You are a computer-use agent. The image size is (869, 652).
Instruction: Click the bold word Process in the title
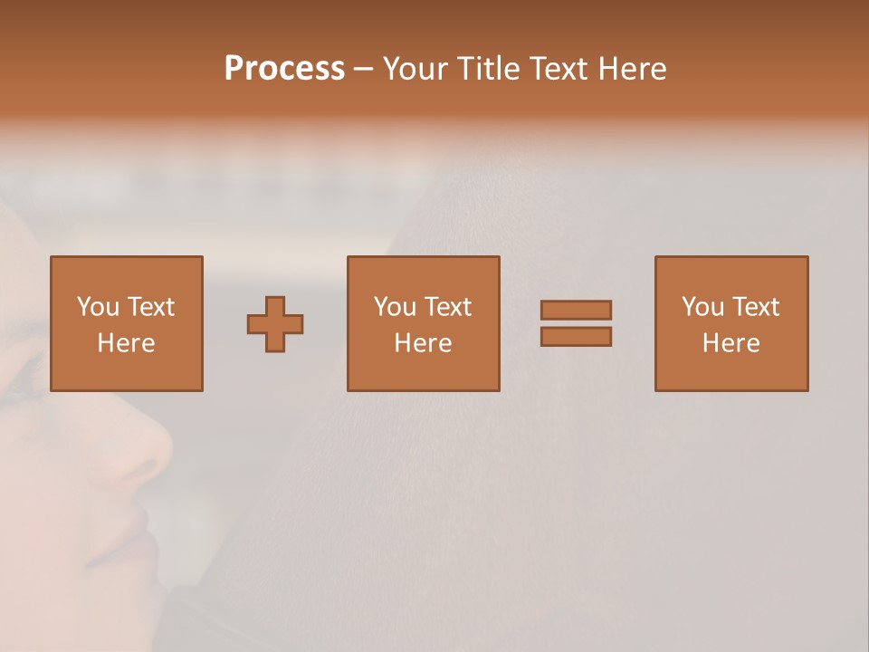pos(284,69)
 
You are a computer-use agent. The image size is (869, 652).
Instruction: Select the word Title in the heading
pos(487,69)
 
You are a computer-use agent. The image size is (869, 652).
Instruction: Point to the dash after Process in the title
pos(363,70)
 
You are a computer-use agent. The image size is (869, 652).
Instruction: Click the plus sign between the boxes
pos(275,324)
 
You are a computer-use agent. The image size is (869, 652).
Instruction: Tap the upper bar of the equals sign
pos(576,310)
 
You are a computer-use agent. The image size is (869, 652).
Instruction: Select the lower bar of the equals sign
pos(576,337)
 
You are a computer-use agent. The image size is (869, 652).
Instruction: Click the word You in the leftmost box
pos(98,307)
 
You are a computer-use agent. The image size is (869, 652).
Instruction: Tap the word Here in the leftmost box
pos(126,343)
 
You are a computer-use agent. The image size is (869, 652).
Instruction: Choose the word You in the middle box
pos(395,307)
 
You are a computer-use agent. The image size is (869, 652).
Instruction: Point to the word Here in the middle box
pos(423,343)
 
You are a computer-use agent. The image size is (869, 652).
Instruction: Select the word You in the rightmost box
pos(702,307)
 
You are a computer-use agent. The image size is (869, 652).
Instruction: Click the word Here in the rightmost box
pos(731,343)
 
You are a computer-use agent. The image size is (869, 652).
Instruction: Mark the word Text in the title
pos(559,69)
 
